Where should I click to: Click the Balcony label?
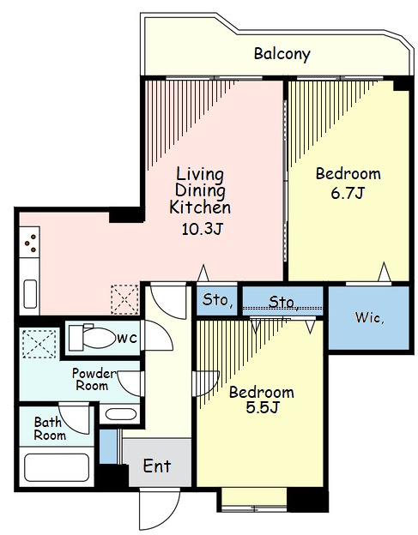[282, 54]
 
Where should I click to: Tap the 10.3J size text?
[203, 229]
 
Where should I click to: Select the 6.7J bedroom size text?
[348, 193]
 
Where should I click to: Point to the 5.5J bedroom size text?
[263, 407]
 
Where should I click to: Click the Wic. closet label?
[370, 317]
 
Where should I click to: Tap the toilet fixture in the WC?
[92, 338]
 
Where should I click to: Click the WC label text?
[127, 339]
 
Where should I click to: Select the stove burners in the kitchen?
[30, 243]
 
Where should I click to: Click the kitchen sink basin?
[30, 294]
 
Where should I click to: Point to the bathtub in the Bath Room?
[57, 467]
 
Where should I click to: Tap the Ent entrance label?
[157, 466]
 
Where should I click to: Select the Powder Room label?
[93, 380]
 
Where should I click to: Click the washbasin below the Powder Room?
[121, 414]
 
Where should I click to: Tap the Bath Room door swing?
[75, 418]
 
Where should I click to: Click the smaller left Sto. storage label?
[217, 299]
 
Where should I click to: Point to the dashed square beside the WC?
[39, 344]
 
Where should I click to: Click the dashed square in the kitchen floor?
[124, 299]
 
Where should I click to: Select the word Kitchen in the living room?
[200, 207]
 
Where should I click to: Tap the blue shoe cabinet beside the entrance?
[108, 447]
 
